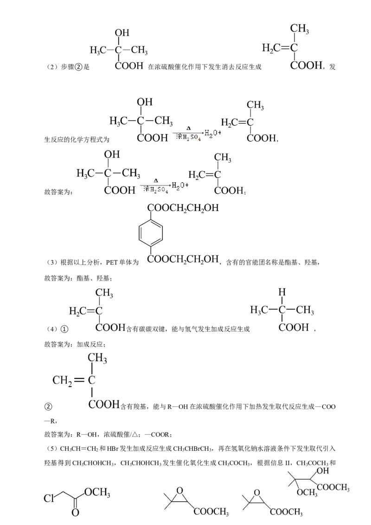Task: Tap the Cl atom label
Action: [x=49, y=498]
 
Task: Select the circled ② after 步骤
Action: [x=78, y=67]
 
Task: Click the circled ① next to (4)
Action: [x=64, y=329]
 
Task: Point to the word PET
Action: [x=111, y=262]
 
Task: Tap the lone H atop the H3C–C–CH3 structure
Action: [x=282, y=292]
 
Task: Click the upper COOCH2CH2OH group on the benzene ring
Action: [x=183, y=208]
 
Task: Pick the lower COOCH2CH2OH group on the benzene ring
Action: [x=183, y=259]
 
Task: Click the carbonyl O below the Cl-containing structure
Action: [x=76, y=512]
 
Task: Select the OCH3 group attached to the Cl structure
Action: [x=97, y=492]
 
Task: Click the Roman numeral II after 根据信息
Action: [x=288, y=463]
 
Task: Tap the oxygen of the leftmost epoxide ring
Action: [x=180, y=491]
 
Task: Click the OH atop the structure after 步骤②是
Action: [x=122, y=32]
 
